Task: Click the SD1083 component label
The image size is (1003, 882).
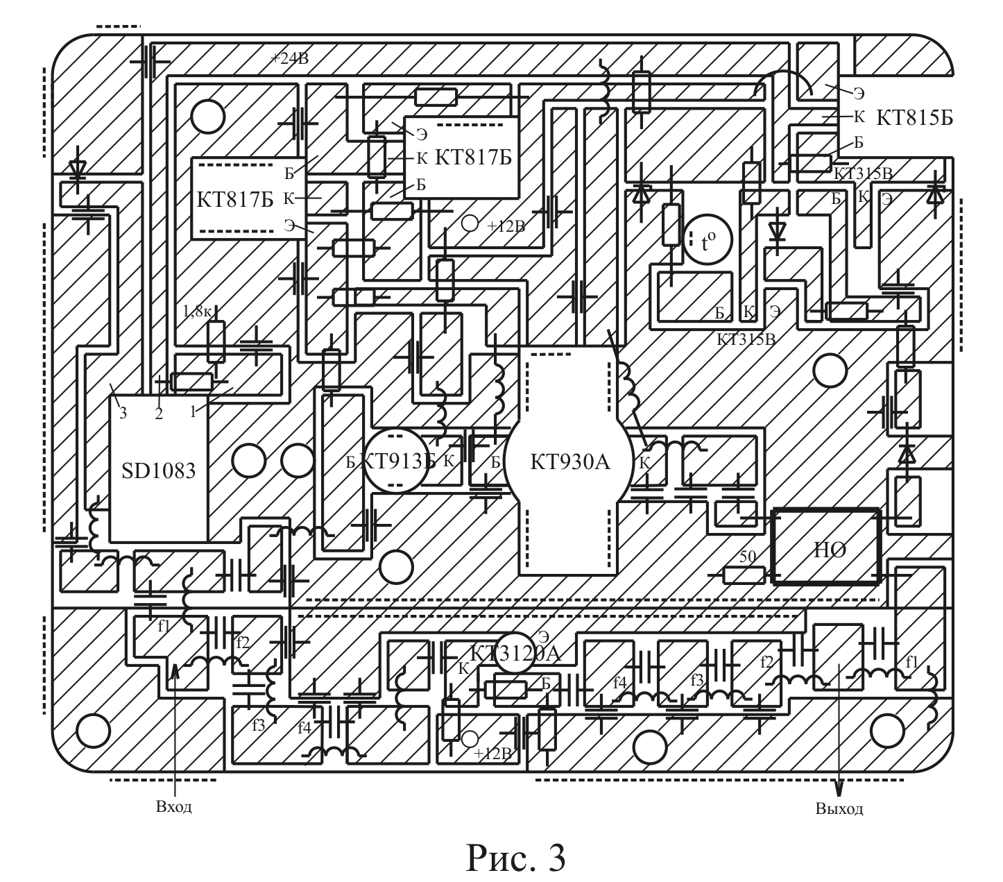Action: (159, 471)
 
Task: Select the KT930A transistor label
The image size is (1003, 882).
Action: (569, 461)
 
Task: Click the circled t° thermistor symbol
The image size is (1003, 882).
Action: (708, 242)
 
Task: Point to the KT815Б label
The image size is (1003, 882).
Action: (914, 117)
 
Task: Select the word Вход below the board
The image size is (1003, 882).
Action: (173, 807)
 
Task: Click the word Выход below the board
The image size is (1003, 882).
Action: (839, 809)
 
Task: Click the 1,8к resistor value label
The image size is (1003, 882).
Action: (196, 312)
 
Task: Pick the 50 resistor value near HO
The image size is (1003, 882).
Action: (747, 557)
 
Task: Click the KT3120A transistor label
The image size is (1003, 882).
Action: (515, 653)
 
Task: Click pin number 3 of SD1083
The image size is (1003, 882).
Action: (123, 414)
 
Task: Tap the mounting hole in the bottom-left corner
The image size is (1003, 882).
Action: (92, 729)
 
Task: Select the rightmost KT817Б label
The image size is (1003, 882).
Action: (473, 157)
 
